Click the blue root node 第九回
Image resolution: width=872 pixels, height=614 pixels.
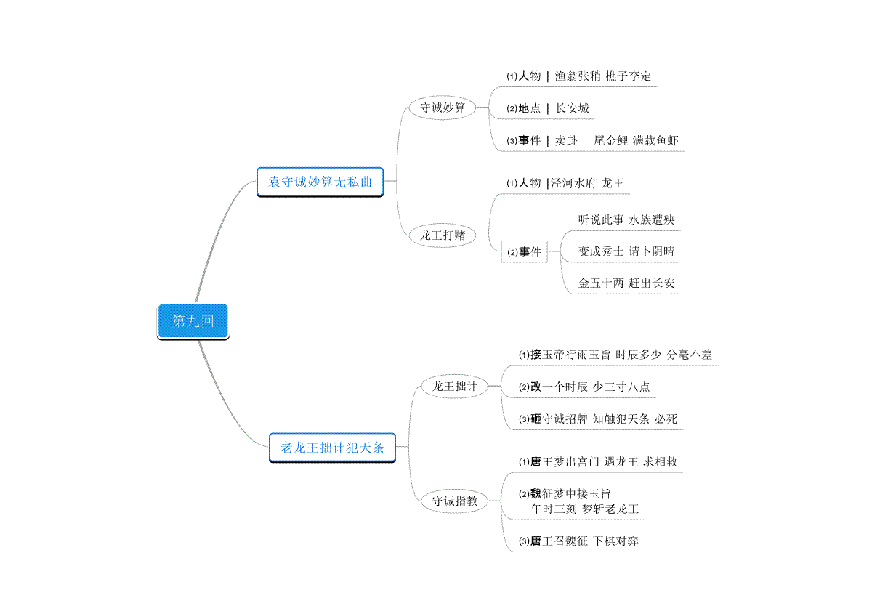pos(193,322)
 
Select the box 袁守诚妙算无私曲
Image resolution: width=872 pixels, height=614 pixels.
pos(320,182)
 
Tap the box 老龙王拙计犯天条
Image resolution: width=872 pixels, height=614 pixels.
pos(332,448)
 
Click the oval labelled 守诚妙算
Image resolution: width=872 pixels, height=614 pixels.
pos(443,108)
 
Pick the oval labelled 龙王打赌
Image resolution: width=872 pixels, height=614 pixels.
pos(443,235)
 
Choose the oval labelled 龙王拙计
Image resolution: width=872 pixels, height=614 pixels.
pos(455,387)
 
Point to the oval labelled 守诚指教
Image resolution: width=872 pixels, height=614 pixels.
pos(455,501)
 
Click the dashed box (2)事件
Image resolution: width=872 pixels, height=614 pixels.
pos(524,252)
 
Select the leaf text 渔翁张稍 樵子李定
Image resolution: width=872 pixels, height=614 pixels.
pos(602,76)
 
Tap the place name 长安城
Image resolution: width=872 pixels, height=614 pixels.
pos(572,108)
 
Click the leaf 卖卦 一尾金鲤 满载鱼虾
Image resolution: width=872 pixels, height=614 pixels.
pos(617,140)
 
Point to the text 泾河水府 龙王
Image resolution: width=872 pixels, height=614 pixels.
pos(587,183)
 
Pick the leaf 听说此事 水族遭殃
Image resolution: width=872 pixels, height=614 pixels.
pos(626,220)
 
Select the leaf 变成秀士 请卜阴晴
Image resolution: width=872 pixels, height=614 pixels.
pos(626,251)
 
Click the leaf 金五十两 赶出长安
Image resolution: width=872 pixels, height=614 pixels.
pos(626,283)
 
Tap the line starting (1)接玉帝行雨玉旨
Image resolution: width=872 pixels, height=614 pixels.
pos(615,355)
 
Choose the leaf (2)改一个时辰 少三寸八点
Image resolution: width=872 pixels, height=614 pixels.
pos(584,387)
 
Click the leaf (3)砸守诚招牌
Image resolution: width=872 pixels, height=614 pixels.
pos(598,419)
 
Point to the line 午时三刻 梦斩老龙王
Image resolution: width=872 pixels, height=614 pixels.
pos(585,509)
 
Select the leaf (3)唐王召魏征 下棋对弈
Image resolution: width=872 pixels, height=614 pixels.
pos(578,541)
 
